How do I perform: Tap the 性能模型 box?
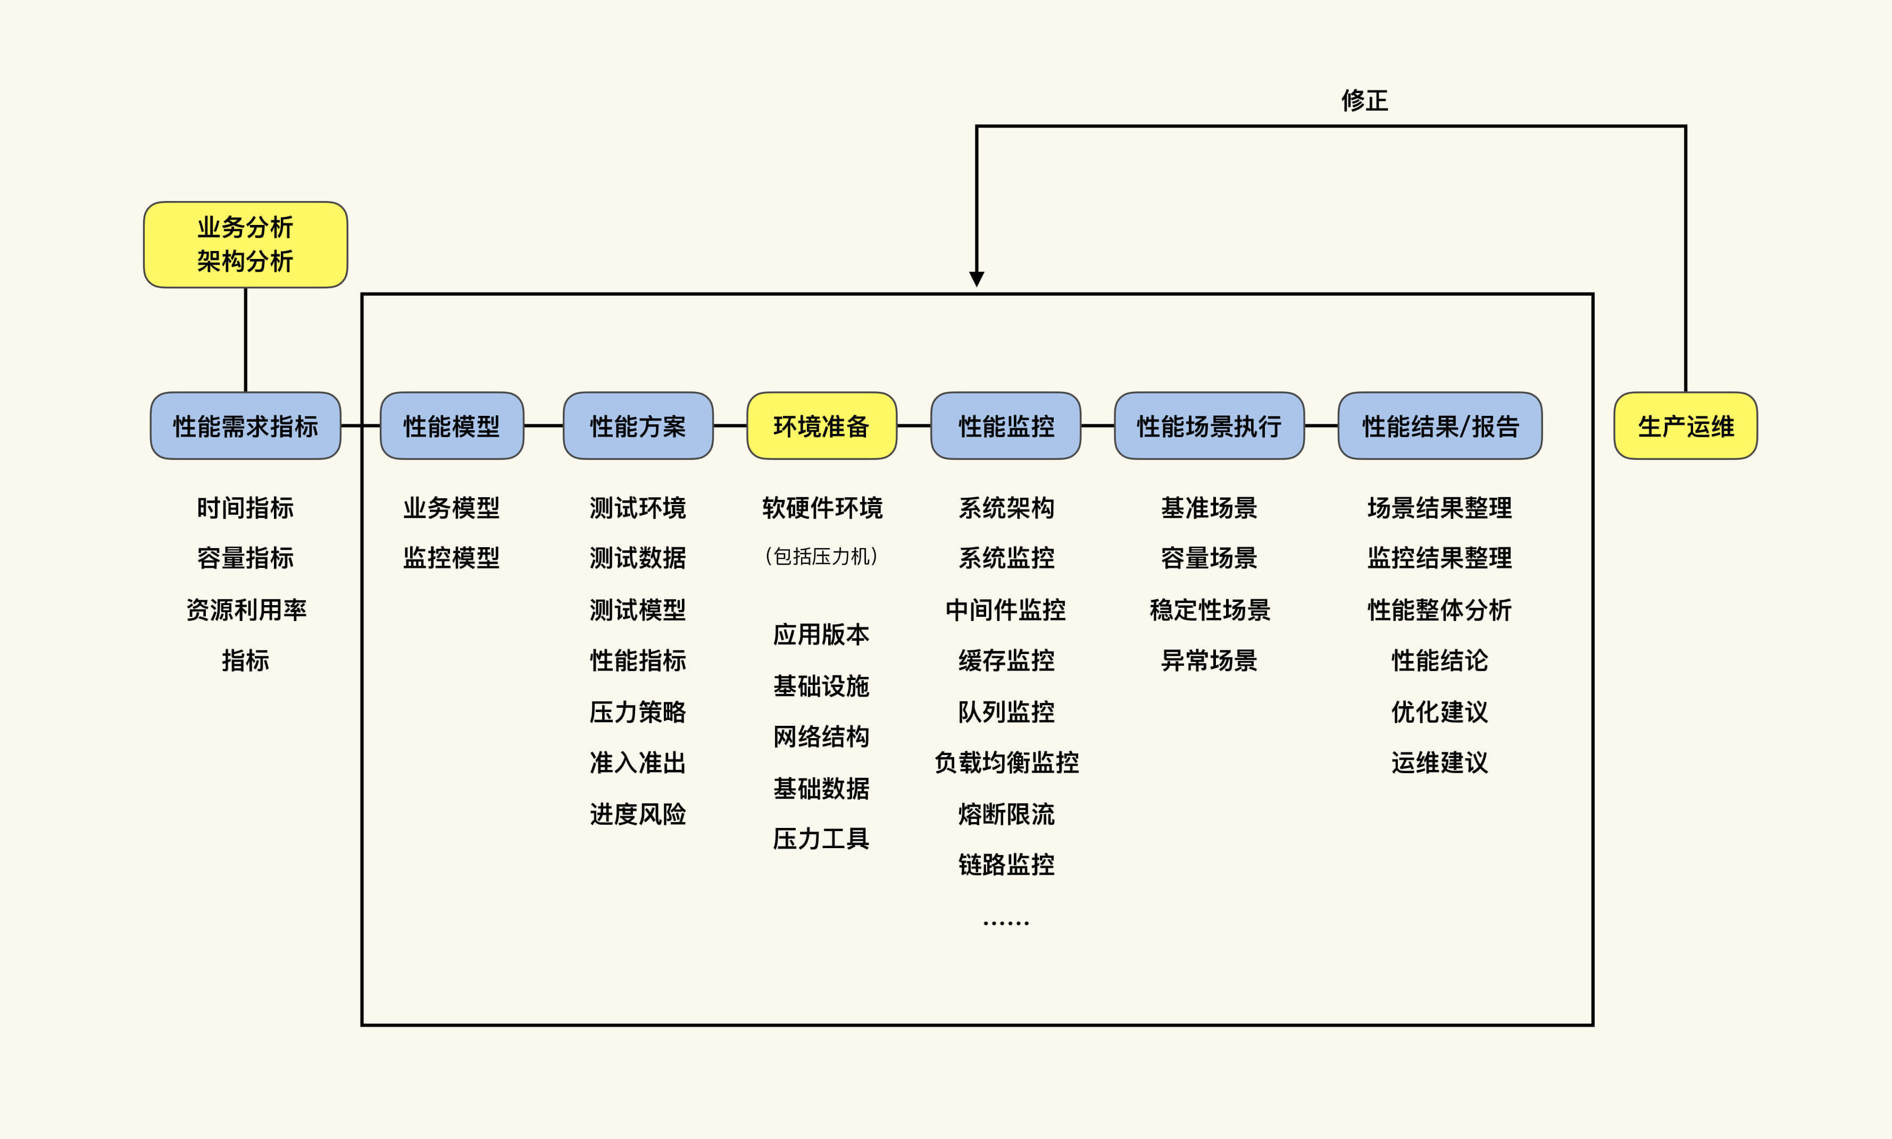451,426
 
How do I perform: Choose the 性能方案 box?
638,426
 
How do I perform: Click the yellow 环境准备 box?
821,426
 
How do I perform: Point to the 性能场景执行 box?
1209,426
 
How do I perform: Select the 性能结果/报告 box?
1440,426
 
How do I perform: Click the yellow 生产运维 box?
1686,426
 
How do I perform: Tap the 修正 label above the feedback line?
1365,100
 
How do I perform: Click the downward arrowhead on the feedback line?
976,279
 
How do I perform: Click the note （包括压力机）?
821,556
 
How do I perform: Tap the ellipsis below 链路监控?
1006,923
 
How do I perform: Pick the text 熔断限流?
1006,814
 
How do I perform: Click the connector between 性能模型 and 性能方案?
544,426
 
